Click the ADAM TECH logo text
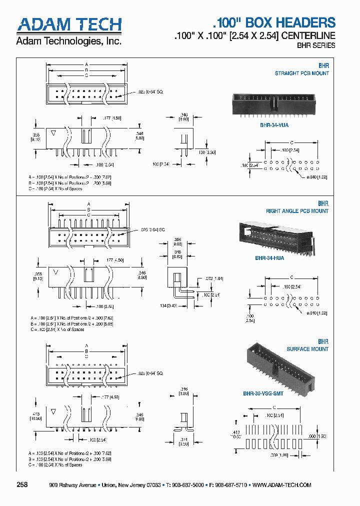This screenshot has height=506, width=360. (69, 25)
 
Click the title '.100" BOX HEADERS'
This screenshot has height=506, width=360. (274, 22)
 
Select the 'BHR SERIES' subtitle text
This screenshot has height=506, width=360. (317, 45)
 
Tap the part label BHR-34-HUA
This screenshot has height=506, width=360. (269, 258)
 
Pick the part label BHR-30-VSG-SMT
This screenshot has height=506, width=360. (263, 393)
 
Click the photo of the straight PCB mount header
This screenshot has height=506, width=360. (274, 105)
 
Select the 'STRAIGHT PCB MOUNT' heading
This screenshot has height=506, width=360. (302, 73)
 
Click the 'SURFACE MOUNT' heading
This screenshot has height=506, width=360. (307, 349)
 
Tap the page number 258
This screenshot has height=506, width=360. (22, 485)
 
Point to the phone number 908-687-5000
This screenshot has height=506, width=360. (187, 485)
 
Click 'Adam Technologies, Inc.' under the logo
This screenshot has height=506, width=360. (68, 41)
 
